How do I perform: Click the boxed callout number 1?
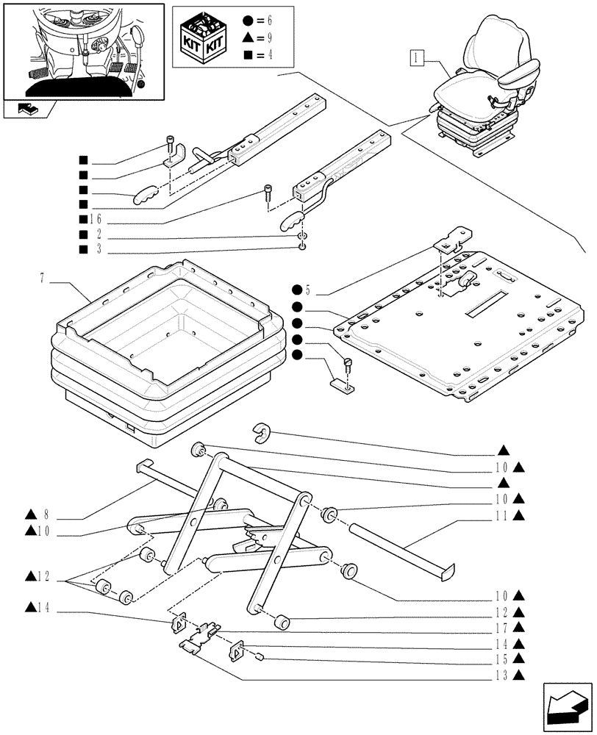coord(417,57)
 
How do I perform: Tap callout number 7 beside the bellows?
coord(43,279)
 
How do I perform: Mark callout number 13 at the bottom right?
coord(506,675)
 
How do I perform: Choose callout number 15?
coord(506,659)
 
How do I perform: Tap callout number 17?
coord(506,628)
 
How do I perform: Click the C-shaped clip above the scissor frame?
coord(262,433)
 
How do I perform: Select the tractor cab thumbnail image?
coord(83,49)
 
